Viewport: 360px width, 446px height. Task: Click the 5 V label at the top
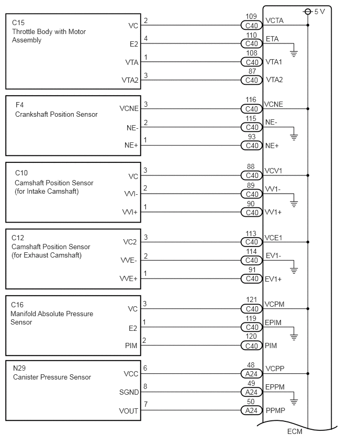point(320,12)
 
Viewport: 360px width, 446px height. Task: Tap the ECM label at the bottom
point(295,431)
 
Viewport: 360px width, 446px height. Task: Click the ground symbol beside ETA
point(294,52)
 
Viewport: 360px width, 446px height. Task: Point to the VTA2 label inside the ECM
point(274,80)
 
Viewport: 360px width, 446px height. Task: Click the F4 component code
point(20,105)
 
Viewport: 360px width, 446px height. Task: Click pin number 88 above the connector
point(251,167)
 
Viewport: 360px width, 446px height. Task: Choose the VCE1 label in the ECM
point(274,237)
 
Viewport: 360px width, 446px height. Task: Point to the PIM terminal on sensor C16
point(132,346)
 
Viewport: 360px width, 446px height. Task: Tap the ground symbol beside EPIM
point(294,337)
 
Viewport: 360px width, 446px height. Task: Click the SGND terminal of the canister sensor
point(129,392)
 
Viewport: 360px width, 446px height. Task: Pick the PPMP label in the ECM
point(275,410)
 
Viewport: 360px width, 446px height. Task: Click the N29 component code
point(20,369)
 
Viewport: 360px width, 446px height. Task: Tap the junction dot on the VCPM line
point(308,309)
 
